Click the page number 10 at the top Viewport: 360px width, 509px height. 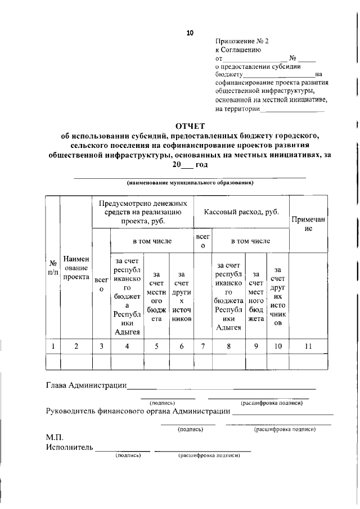coord(190,33)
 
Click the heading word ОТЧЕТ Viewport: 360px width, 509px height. coord(190,125)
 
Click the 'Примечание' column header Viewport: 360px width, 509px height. coord(308,224)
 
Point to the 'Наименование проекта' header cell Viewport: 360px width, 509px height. coord(76,268)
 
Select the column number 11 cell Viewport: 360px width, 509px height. coord(308,346)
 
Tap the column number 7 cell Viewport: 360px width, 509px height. coord(202,346)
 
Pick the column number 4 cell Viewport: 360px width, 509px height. coord(127,346)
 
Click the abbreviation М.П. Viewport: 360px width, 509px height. coord(55,437)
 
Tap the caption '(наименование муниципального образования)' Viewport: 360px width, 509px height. coord(190,183)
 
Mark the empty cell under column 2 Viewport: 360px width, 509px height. coord(76,361)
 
